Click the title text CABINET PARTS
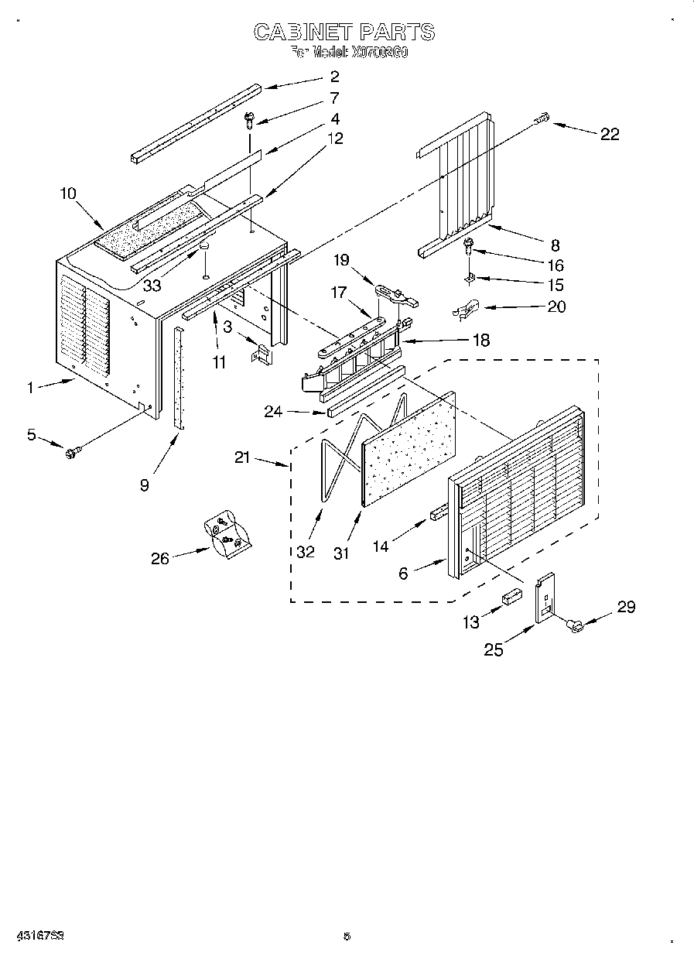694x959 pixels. coord(344,32)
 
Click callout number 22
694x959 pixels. coord(610,134)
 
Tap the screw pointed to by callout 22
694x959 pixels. coord(542,118)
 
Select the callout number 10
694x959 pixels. coord(68,193)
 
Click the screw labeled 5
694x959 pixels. coord(72,450)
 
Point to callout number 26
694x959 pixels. coord(159,558)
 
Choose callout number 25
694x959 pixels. coord(493,650)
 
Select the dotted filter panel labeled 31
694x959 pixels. coord(408,449)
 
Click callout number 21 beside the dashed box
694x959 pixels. coord(244,457)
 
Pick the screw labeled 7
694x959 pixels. coord(250,119)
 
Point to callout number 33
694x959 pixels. coord(152,286)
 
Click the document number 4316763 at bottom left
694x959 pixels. coord(38,935)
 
